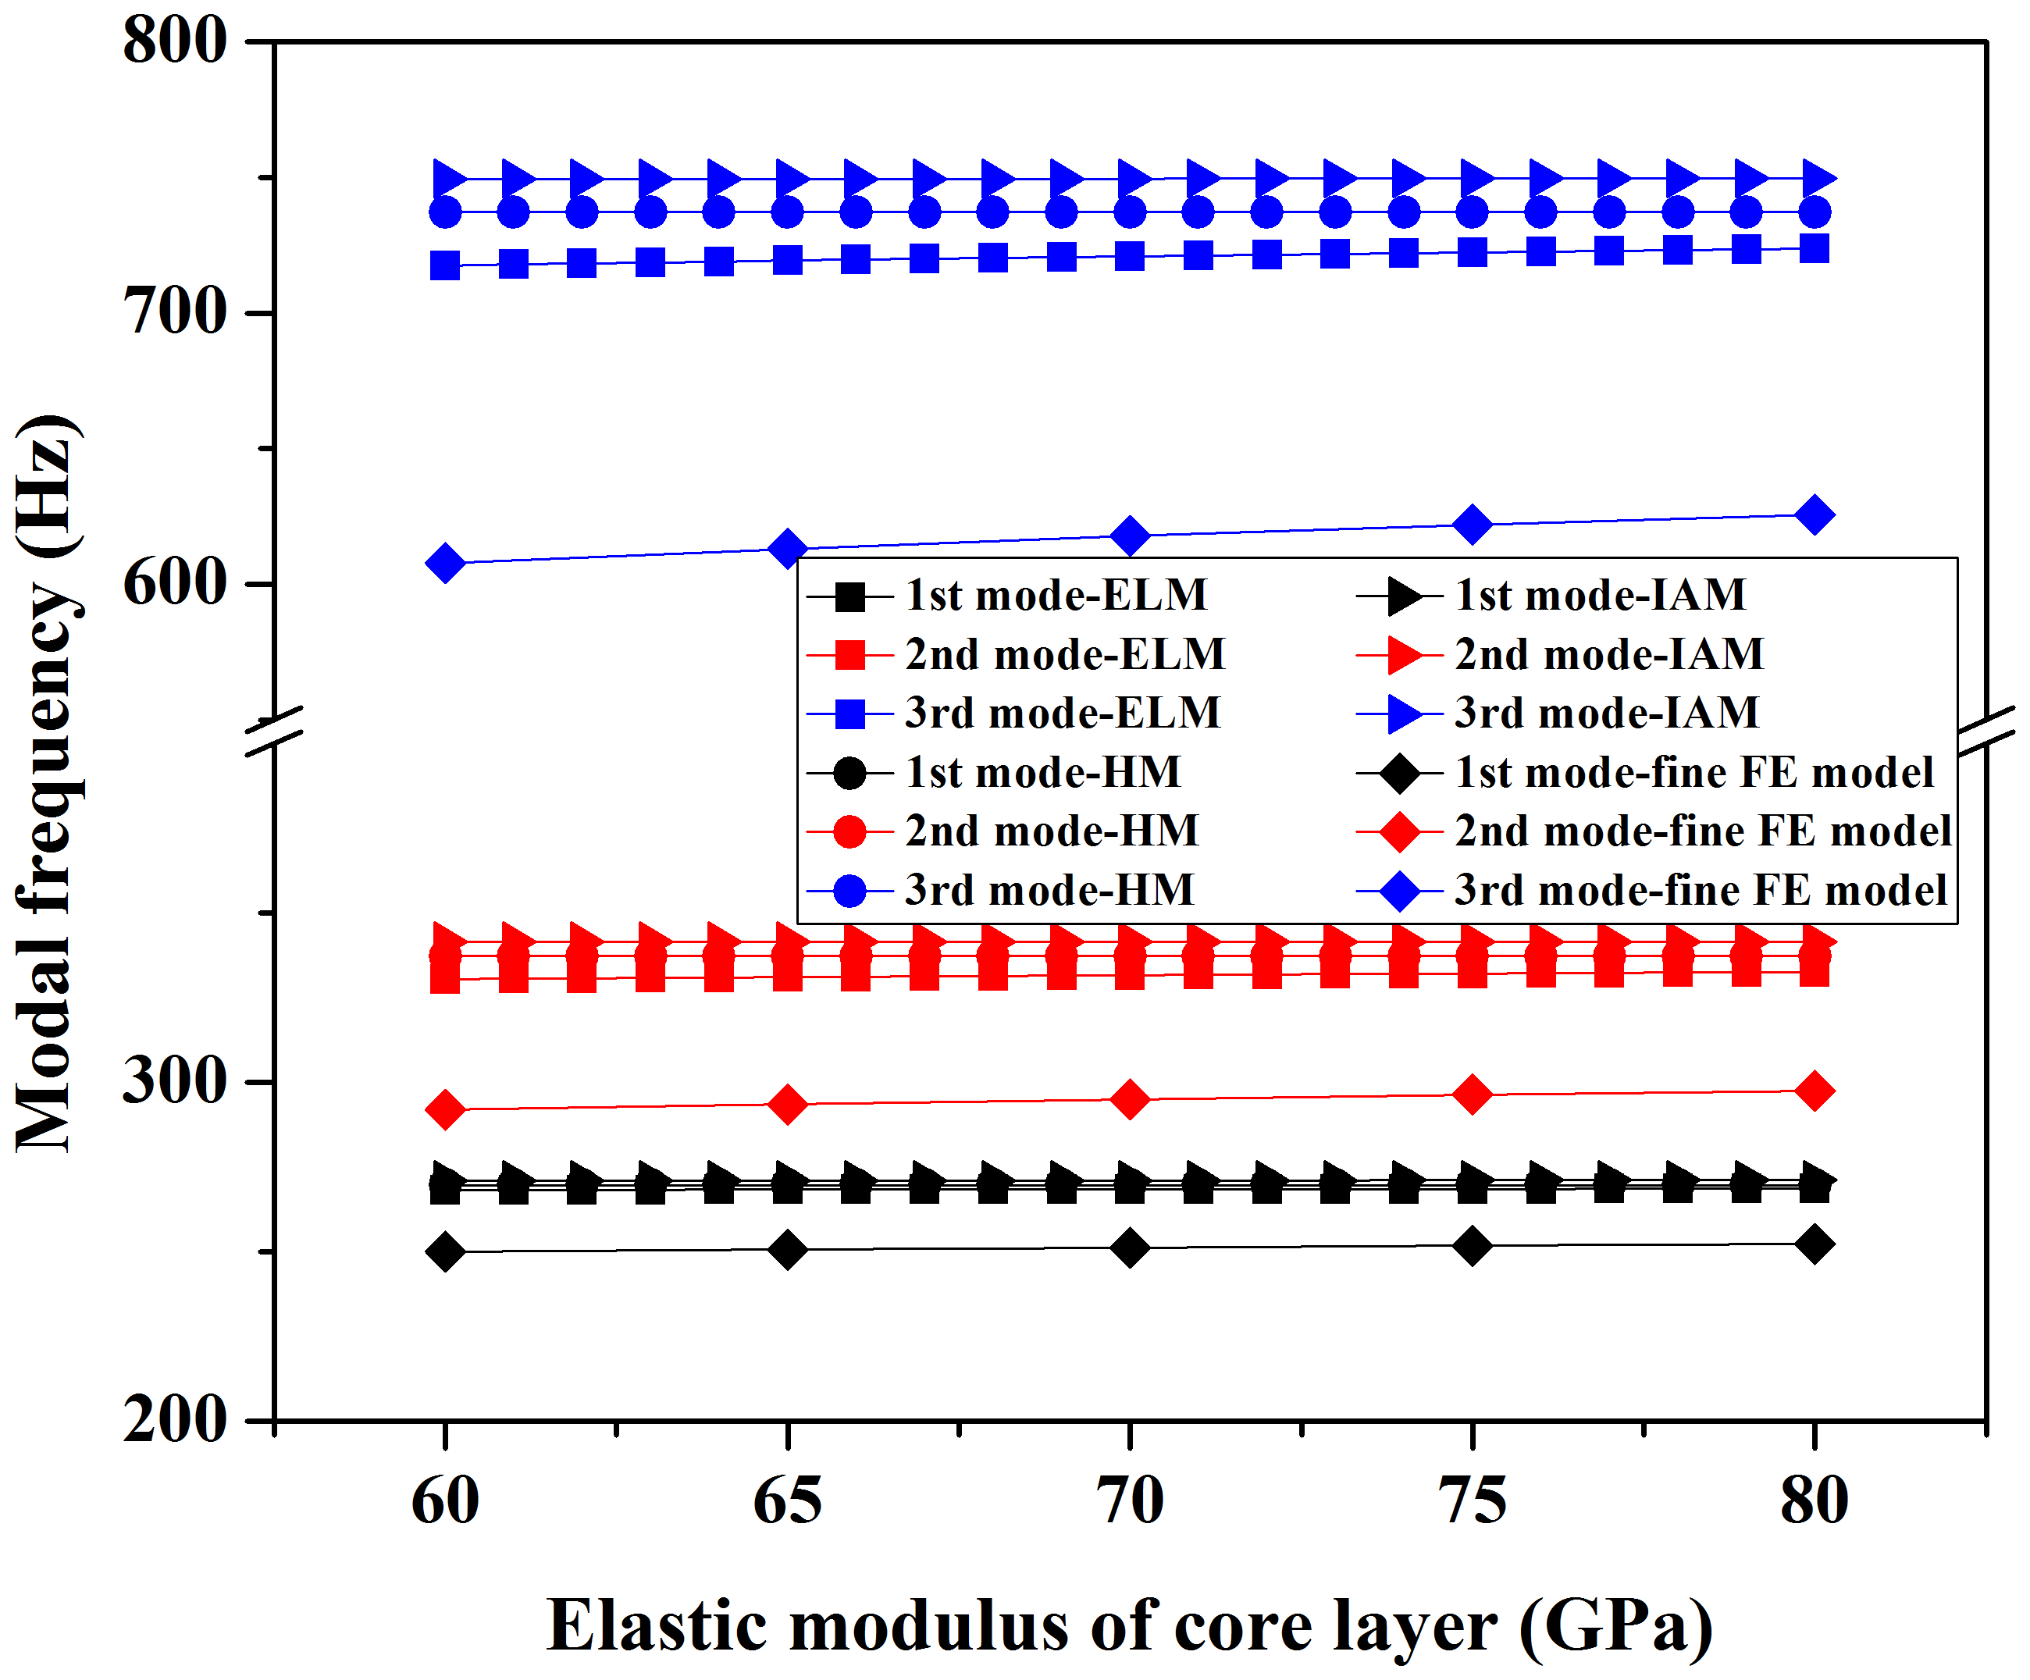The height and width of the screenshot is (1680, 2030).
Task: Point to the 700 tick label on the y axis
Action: pos(175,313)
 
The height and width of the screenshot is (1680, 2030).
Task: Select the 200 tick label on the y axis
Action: pos(175,1420)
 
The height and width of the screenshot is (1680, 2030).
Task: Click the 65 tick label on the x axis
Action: pos(787,1501)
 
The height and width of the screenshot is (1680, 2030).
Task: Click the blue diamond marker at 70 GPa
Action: pos(1129,536)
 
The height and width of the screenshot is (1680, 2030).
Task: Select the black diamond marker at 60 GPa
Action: pos(445,1251)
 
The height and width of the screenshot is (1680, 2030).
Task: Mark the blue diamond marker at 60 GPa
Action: pos(445,563)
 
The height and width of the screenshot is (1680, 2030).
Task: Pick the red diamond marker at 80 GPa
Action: pos(1815,1091)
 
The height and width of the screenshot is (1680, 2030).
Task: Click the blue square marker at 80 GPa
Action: pos(1815,248)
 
